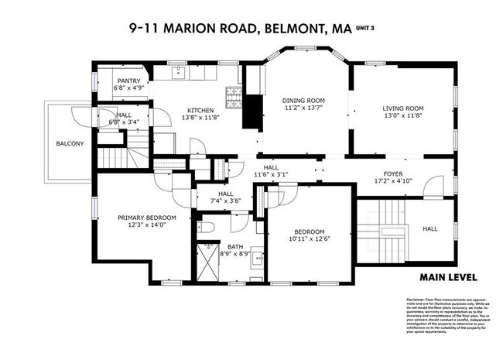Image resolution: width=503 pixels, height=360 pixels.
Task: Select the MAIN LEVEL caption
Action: (x=448, y=277)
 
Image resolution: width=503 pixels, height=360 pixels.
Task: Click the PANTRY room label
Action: (x=128, y=81)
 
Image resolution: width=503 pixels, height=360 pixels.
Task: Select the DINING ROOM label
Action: (x=303, y=101)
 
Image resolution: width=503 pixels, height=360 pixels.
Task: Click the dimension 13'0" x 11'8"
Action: (x=403, y=116)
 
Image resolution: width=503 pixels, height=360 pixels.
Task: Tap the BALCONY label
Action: (x=69, y=144)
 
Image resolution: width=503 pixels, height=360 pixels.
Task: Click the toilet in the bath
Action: (x=209, y=226)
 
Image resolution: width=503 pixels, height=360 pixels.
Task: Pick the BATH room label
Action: (x=234, y=245)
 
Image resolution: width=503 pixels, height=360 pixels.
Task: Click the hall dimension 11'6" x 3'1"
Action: (x=271, y=175)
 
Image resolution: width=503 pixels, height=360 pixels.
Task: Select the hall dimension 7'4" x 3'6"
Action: (x=225, y=201)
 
